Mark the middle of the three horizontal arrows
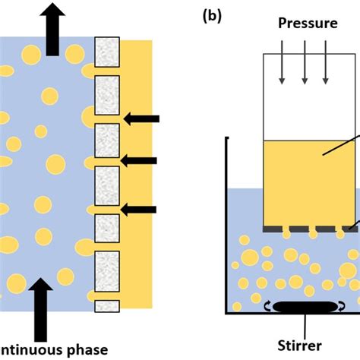pyautogui.click(x=140, y=159)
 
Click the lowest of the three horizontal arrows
pyautogui.click(x=141, y=209)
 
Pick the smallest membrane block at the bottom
pyautogui.click(x=107, y=306)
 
